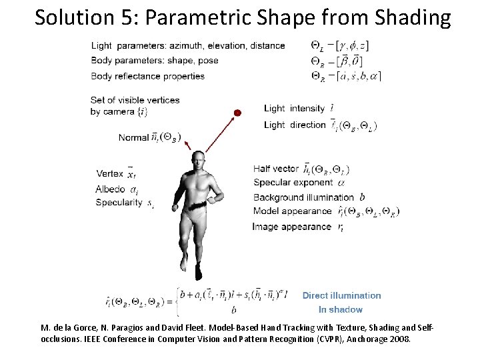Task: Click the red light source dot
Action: pos(237,112)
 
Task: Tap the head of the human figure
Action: pos(197,159)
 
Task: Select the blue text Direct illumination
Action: pos(342,295)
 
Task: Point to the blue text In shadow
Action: pos(340,309)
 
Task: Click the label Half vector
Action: pos(276,169)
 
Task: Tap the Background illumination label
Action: pos(303,197)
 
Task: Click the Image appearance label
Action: pos(291,227)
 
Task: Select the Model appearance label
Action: pos(292,211)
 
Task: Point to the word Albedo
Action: pos(110,189)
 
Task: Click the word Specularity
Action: pos(119,202)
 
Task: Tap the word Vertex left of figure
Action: pos(109,175)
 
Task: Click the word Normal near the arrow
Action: pos(133,138)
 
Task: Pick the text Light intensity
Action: pos(294,108)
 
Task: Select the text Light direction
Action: pos(294,125)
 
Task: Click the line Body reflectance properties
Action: pos(147,76)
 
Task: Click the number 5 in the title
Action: pos(126,17)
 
